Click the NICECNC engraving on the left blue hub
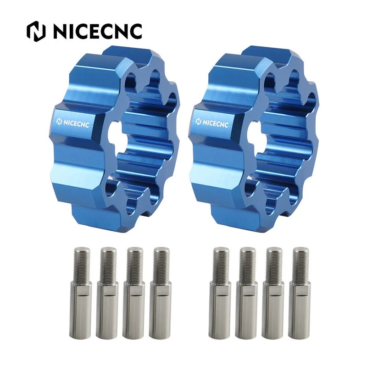[73, 123]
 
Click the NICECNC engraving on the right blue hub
[212, 123]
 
